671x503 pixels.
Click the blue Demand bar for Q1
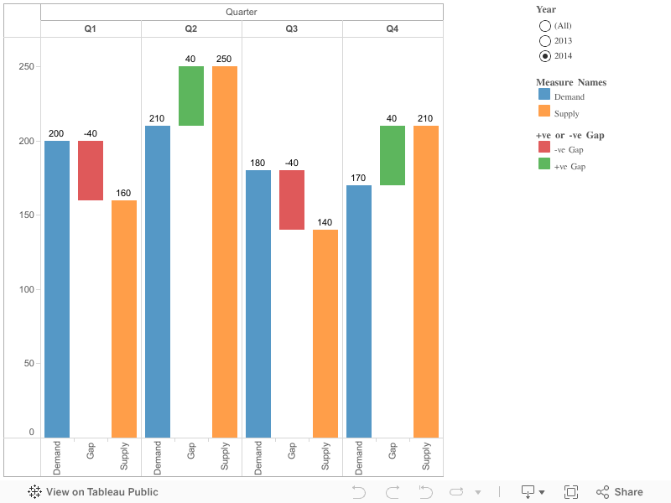pyautogui.click(x=57, y=289)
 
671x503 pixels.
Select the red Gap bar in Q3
pyautogui.click(x=292, y=200)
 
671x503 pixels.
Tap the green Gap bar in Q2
pyautogui.click(x=191, y=96)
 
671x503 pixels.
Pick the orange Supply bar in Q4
pyautogui.click(x=426, y=281)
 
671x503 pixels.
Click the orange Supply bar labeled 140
pyautogui.click(x=325, y=333)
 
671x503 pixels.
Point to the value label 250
pyautogui.click(x=224, y=59)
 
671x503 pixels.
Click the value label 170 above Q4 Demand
pyautogui.click(x=358, y=178)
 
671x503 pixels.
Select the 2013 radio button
pyautogui.click(x=545, y=41)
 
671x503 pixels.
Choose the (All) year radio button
pyautogui.click(x=545, y=26)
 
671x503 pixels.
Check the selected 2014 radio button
pyautogui.click(x=545, y=56)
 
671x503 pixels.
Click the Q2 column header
pyautogui.click(x=191, y=29)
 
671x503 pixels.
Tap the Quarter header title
pyautogui.click(x=242, y=12)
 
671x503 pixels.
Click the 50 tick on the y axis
pyautogui.click(x=30, y=363)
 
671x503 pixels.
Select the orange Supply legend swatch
pyautogui.click(x=544, y=112)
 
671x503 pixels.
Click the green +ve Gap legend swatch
pyautogui.click(x=544, y=164)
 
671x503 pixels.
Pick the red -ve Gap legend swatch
pyautogui.click(x=544, y=148)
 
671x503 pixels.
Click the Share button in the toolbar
pyautogui.click(x=620, y=492)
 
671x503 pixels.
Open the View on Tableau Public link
pyautogui.click(x=93, y=492)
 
